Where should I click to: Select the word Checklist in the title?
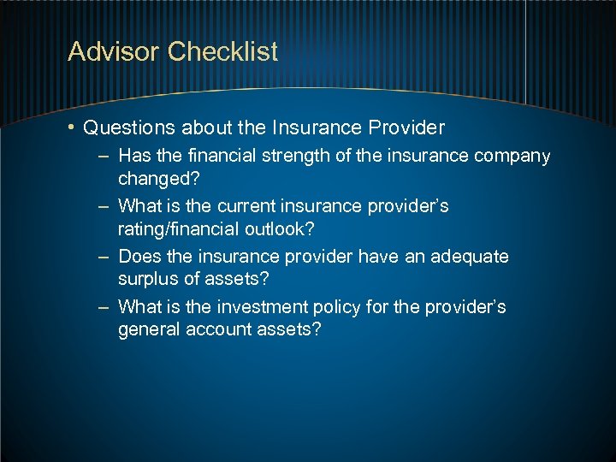click(x=223, y=52)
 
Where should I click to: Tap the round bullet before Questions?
click(x=73, y=128)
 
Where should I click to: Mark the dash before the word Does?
click(x=103, y=257)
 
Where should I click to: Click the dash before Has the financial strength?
click(x=103, y=157)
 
